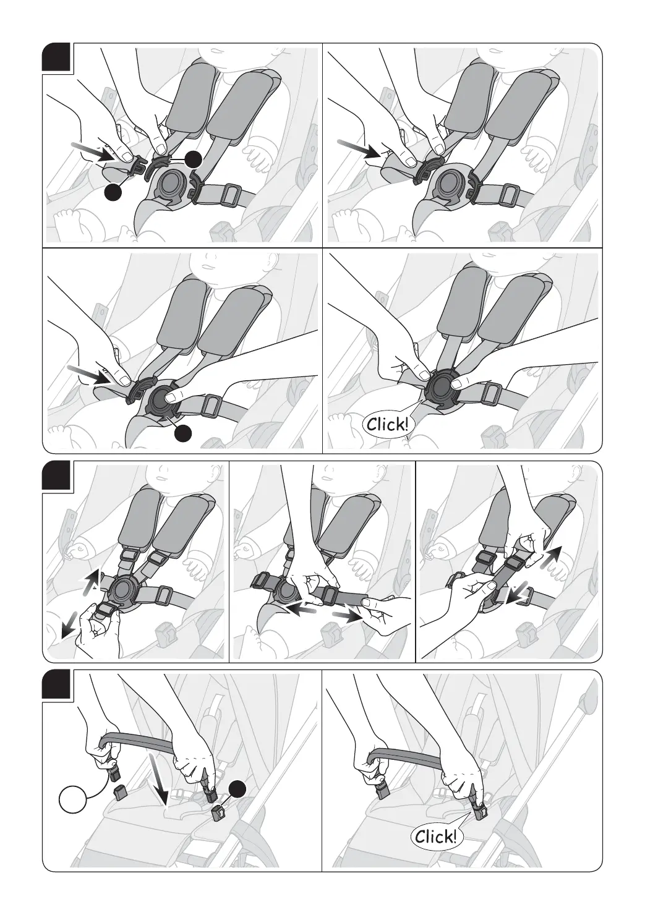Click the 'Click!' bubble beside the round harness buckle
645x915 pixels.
[388, 424]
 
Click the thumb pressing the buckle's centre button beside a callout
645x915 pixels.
[174, 395]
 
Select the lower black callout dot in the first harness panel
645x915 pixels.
[113, 192]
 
